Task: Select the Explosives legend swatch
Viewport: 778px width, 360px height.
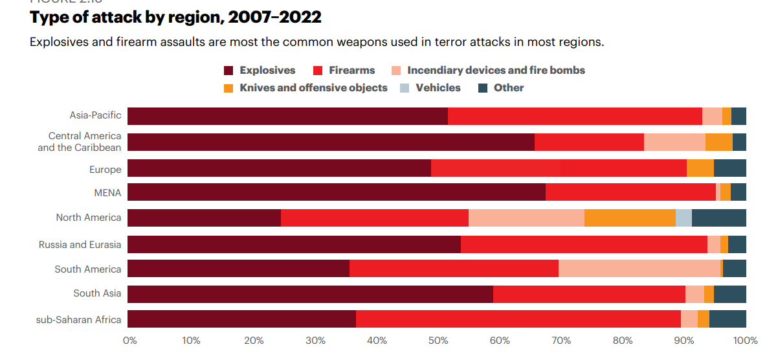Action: click(x=228, y=71)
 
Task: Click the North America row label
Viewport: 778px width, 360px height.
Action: click(x=88, y=218)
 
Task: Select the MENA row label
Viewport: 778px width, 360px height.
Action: click(x=107, y=192)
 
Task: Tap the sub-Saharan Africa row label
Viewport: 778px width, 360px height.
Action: click(x=78, y=319)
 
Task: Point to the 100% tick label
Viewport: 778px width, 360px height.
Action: click(x=746, y=341)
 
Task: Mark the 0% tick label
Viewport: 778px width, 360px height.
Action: click(x=129, y=341)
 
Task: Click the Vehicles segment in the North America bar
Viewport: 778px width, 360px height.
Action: click(x=684, y=218)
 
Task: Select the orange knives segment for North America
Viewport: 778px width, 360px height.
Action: click(x=630, y=218)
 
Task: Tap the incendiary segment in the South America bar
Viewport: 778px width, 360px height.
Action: click(x=639, y=268)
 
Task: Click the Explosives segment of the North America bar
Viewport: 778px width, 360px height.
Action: click(x=204, y=218)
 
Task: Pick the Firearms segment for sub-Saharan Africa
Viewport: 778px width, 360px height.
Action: click(x=518, y=319)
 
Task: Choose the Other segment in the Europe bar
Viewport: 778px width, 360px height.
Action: click(x=729, y=167)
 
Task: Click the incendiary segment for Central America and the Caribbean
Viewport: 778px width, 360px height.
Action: click(x=674, y=142)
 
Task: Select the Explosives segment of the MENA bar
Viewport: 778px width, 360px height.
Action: click(x=337, y=192)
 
